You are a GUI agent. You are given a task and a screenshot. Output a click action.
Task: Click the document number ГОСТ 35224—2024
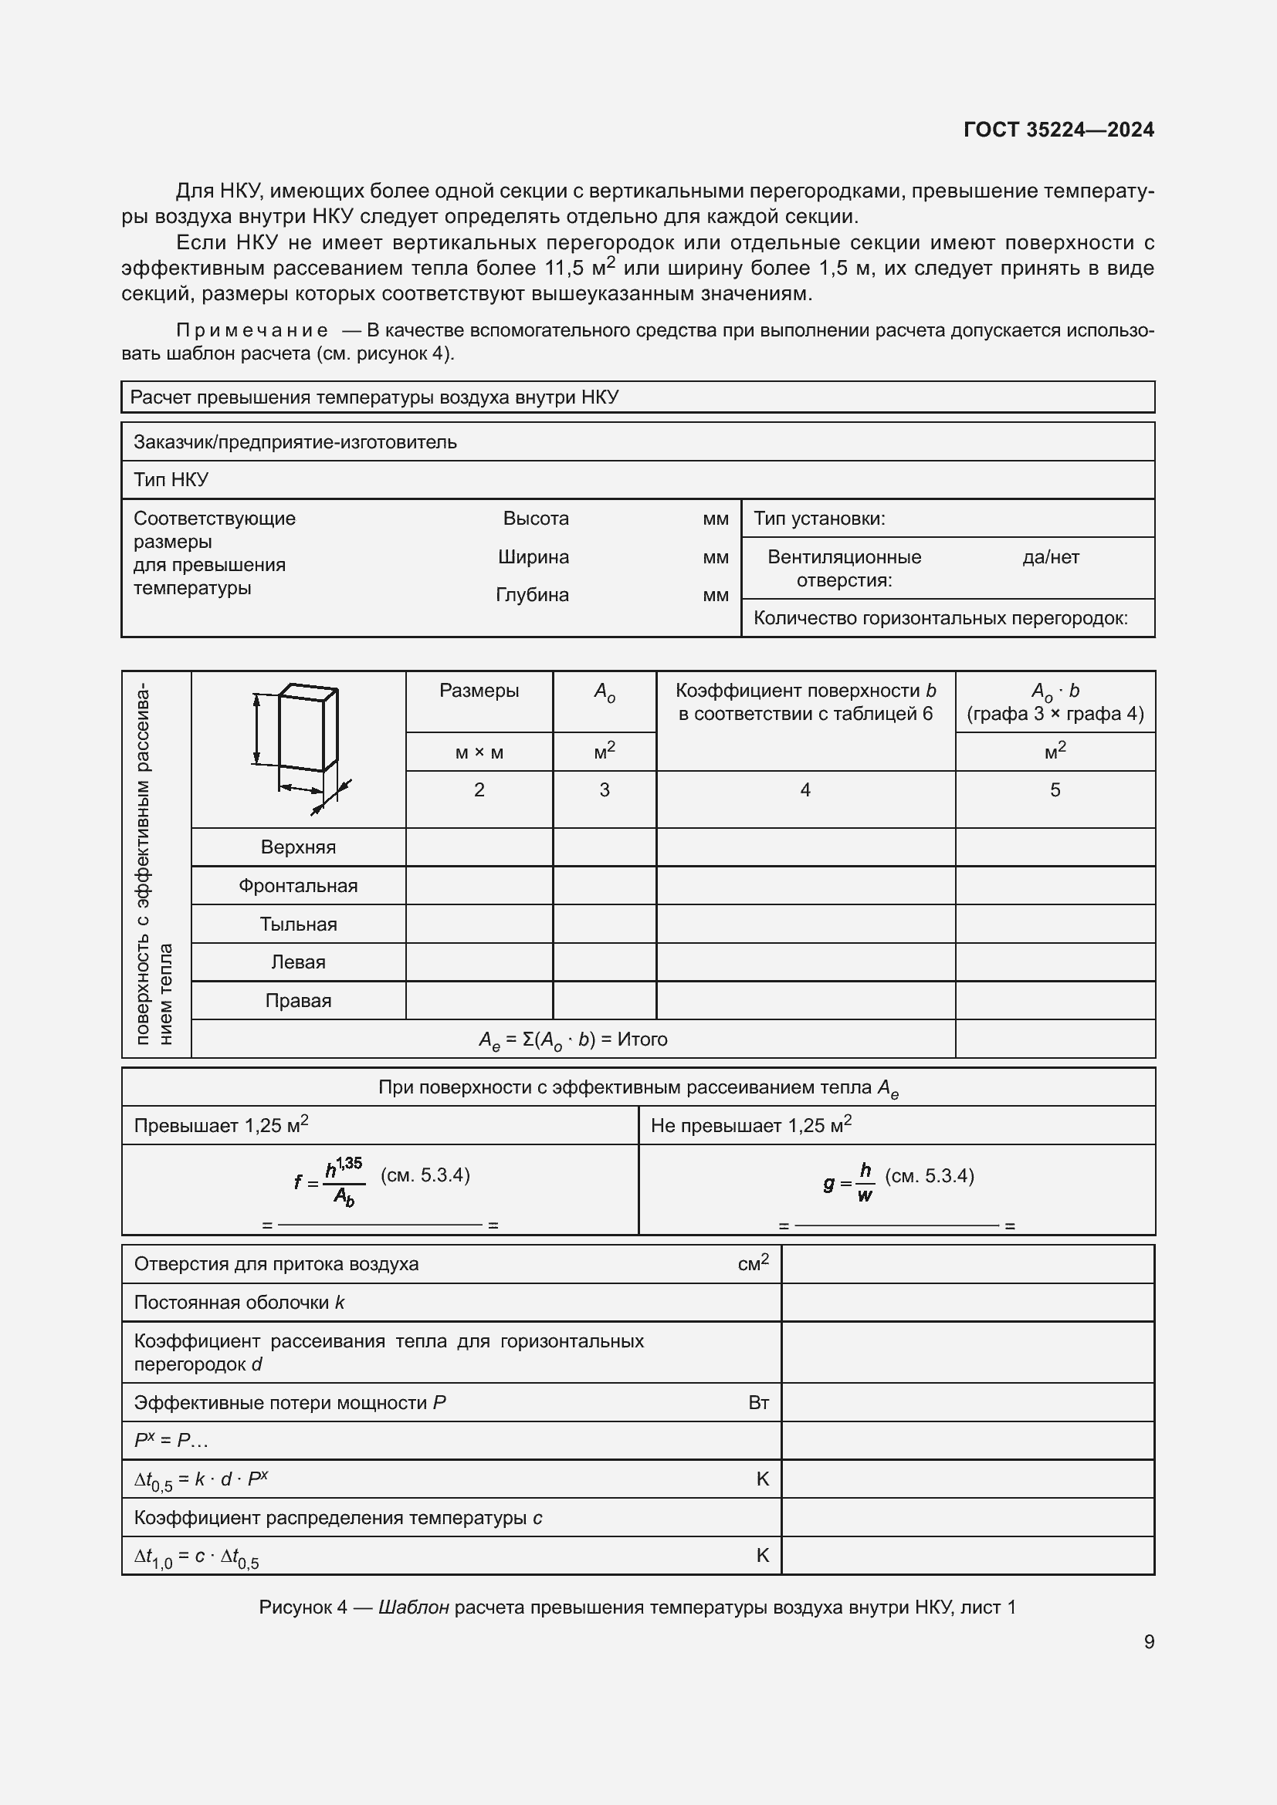[x=1059, y=130]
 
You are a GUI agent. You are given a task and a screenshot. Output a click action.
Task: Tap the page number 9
[x=1149, y=1641]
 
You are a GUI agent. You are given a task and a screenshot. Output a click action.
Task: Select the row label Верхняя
[x=298, y=847]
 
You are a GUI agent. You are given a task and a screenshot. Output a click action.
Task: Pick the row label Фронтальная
[x=298, y=886]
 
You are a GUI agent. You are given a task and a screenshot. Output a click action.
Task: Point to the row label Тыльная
[x=298, y=924]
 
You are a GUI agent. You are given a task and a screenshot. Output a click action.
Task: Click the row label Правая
[x=298, y=1001]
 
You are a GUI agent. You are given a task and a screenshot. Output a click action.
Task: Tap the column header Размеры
[x=479, y=691]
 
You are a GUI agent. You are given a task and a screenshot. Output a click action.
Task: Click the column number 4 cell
[x=805, y=790]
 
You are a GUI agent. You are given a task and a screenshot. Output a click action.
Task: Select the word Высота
[x=536, y=519]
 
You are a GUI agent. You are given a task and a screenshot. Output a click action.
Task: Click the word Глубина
[x=533, y=595]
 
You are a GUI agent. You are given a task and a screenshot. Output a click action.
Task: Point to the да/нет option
[x=1051, y=557]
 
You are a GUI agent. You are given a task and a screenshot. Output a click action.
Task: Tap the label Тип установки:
[x=819, y=519]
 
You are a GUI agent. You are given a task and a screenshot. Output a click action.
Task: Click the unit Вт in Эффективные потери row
[x=758, y=1403]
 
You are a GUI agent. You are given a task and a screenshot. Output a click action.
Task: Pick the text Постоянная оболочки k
[x=239, y=1303]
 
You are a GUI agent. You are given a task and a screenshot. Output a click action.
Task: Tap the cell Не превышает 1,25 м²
[x=751, y=1126]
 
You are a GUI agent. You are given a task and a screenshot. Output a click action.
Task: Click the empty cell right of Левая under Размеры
[x=479, y=962]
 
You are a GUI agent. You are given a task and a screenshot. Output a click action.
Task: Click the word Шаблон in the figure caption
[x=414, y=1607]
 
